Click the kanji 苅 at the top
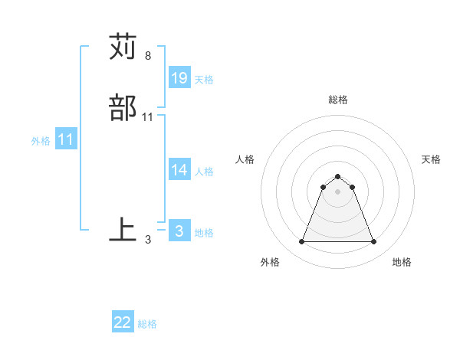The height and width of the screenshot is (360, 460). [123, 47]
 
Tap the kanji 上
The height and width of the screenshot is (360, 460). [123, 229]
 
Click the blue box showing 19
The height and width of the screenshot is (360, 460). [179, 78]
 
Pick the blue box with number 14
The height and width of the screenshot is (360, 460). [179, 170]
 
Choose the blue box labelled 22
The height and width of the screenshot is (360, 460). [123, 322]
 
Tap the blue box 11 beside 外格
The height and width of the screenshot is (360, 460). [66, 140]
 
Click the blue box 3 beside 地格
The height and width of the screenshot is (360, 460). [179, 231]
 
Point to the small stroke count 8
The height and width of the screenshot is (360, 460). [148, 56]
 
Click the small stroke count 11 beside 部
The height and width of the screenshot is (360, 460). [148, 117]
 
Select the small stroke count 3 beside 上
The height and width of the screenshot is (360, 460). [148, 239]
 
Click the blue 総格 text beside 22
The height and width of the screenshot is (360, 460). [147, 324]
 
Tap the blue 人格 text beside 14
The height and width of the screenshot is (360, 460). [204, 172]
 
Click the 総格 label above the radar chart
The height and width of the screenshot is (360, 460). [337, 100]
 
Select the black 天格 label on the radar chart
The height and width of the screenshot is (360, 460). [431, 159]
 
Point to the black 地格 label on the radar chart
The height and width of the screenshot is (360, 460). [402, 262]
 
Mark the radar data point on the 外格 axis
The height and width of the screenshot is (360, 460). [301, 242]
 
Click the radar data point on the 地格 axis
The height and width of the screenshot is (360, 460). [373, 242]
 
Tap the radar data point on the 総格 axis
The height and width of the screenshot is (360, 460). [337, 176]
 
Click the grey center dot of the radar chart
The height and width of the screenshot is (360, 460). [337, 191]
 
